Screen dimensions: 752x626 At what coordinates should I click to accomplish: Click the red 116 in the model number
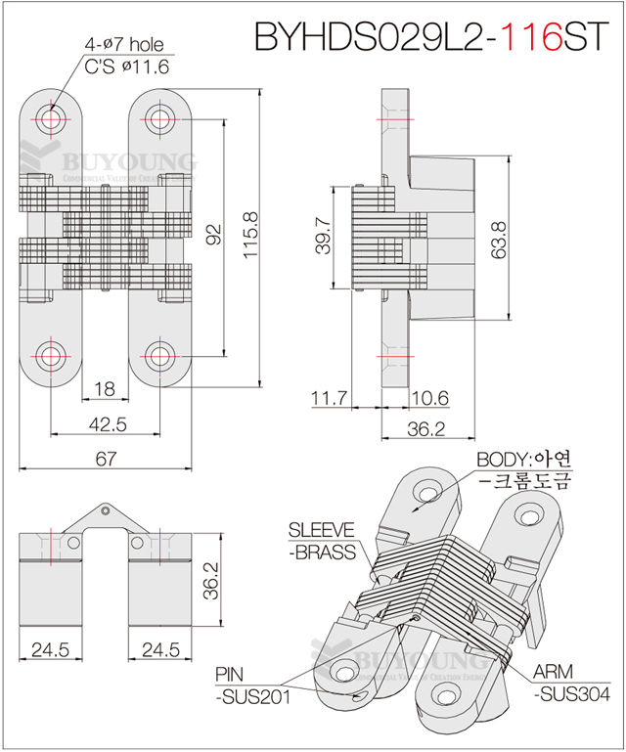(531, 36)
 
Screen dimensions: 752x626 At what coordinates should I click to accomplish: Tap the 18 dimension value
(104, 389)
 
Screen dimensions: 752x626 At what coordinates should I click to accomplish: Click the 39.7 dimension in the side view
(324, 237)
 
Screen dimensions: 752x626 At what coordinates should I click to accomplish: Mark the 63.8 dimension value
(499, 238)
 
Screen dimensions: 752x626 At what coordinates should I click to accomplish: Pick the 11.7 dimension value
(330, 398)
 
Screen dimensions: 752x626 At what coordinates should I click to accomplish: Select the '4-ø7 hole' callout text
(123, 45)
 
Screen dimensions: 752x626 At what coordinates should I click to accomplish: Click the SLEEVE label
(321, 530)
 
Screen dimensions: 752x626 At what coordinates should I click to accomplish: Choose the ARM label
(553, 673)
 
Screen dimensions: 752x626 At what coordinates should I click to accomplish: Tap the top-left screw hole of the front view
(49, 117)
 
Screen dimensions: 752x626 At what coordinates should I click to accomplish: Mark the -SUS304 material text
(573, 693)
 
